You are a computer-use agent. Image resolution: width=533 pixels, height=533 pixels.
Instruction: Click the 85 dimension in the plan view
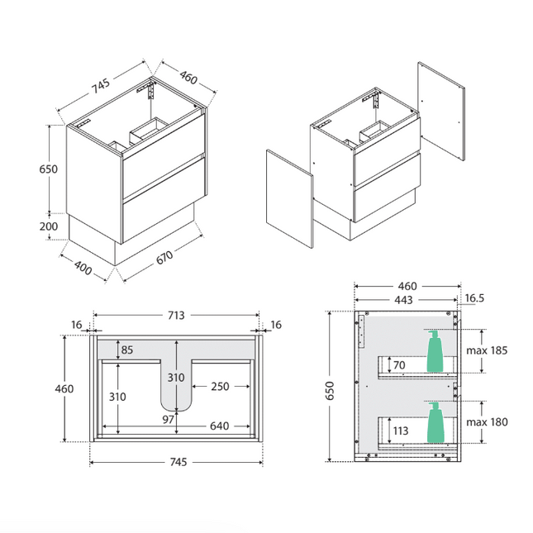pos(127,350)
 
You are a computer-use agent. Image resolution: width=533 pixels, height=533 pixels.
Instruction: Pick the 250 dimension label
pos(220,387)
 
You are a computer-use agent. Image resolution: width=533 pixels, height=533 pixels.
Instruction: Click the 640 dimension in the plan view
pos(219,427)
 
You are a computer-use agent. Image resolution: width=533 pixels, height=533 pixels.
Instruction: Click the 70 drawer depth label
pos(400,364)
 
